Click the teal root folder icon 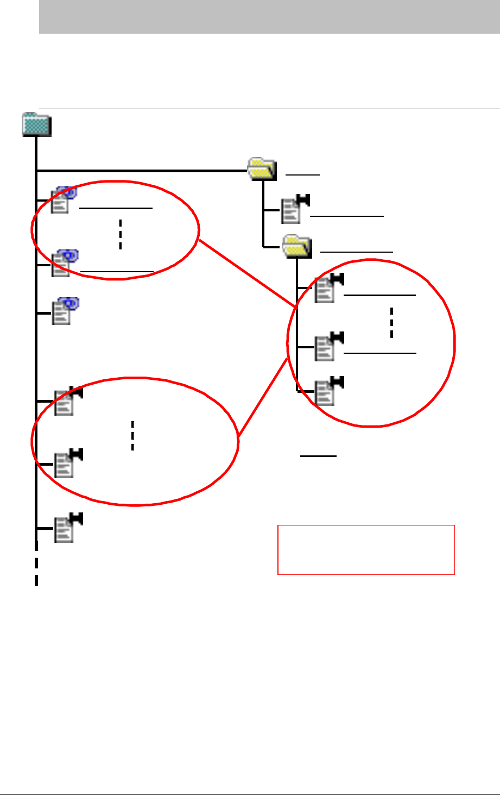click(x=36, y=125)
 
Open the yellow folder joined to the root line click(x=262, y=168)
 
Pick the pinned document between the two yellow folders click(x=294, y=209)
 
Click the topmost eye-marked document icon click(x=64, y=199)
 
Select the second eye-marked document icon click(x=64, y=264)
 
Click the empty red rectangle click(x=366, y=549)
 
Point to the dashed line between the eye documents click(x=120, y=234)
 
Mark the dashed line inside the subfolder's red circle click(x=391, y=323)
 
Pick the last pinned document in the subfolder click(x=328, y=390)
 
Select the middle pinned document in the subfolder click(x=328, y=346)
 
